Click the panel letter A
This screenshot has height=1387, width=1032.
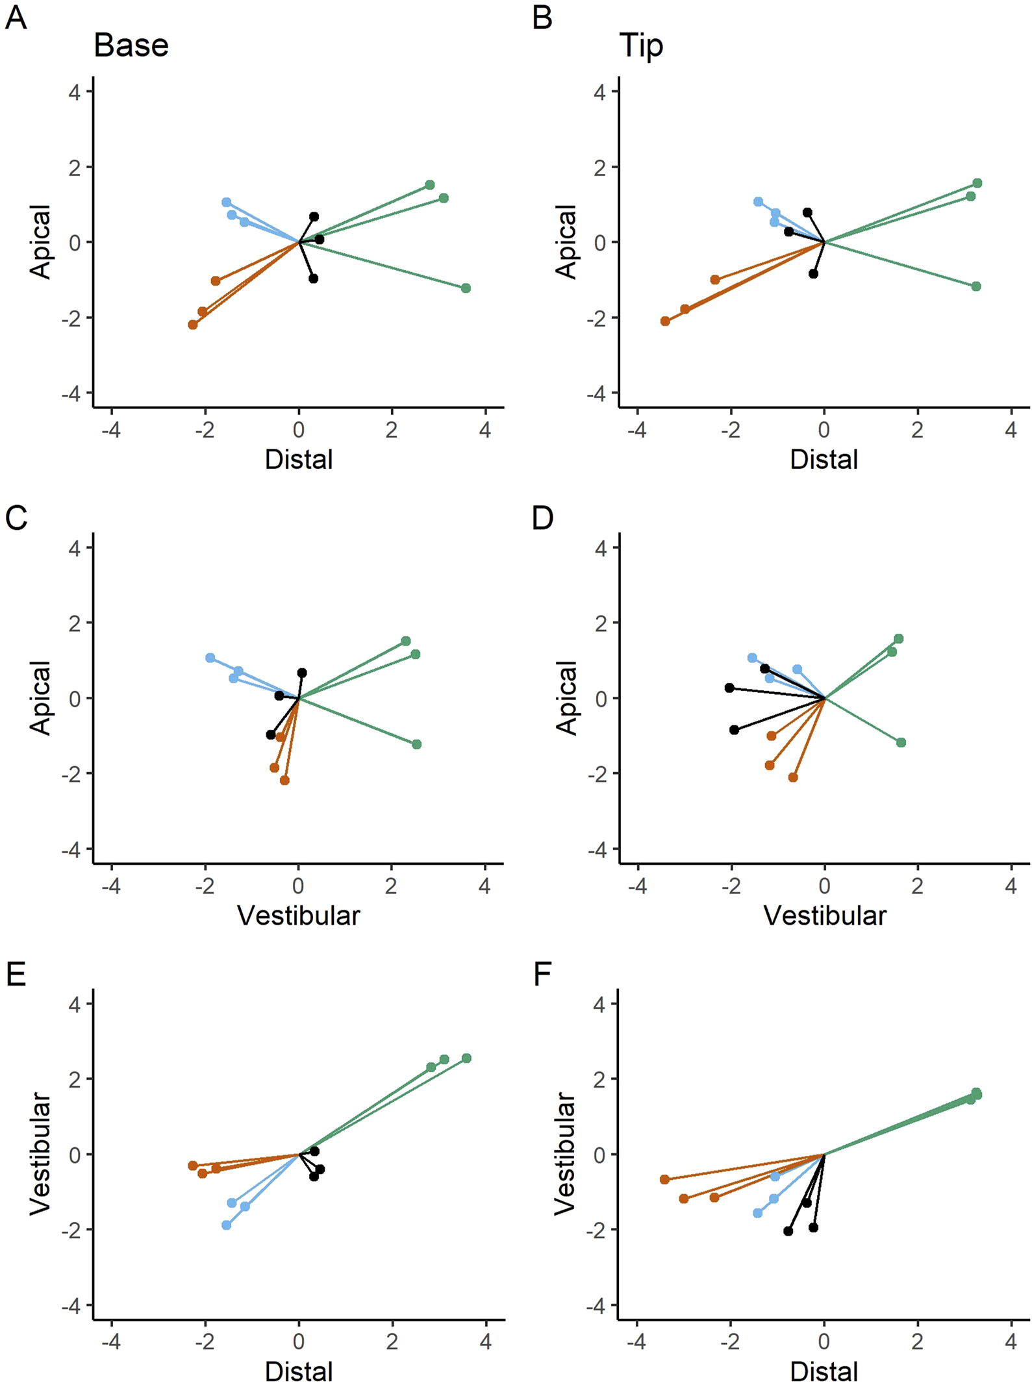pos(16,18)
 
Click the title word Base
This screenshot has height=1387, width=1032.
pos(131,46)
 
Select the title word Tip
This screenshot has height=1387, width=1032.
pos(641,46)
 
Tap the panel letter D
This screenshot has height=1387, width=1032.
pos(542,518)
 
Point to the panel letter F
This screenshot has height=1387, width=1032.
pos(542,975)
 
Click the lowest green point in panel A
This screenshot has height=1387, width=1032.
pos(466,288)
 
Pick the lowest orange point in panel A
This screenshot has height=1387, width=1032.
pos(193,325)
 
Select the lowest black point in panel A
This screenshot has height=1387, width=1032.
pos(314,279)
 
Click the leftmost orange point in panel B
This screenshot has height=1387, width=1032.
pos(665,321)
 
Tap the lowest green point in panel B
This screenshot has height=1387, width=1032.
pos(976,286)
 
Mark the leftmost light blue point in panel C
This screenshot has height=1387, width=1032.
pos(210,658)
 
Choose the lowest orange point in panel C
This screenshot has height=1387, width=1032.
pos(284,781)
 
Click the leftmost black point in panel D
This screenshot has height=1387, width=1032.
pos(729,688)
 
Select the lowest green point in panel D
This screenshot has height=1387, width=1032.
pos(901,742)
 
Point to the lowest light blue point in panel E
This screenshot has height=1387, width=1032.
pos(227,1225)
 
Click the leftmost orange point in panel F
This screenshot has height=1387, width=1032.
pos(664,1179)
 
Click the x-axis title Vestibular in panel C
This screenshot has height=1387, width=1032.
pos(298,916)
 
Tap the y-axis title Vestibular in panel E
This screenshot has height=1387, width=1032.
pos(40,1153)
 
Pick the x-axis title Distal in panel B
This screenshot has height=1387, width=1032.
pos(824,460)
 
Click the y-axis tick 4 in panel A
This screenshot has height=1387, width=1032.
pos(75,92)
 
